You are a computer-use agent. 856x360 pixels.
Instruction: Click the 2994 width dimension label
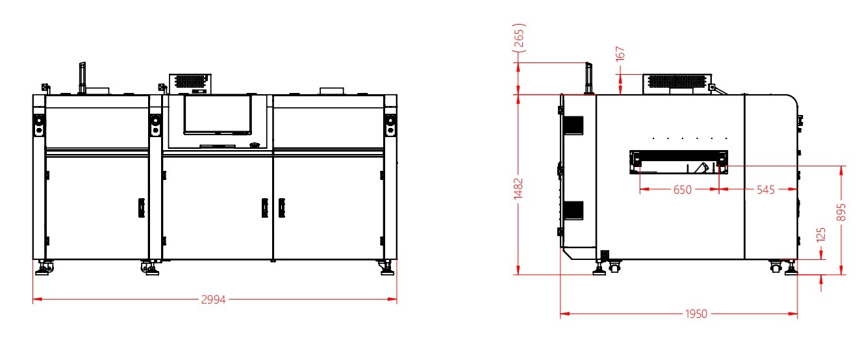click(x=213, y=300)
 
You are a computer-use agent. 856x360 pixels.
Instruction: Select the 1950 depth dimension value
click(x=696, y=314)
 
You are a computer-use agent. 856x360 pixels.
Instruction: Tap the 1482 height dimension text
click(x=518, y=188)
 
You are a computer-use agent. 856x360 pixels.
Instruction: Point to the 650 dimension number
click(x=682, y=190)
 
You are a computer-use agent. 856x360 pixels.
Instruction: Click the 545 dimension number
click(x=766, y=190)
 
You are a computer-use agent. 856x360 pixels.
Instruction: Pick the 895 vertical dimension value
click(x=841, y=212)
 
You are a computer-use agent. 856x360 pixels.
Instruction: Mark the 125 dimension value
click(x=821, y=235)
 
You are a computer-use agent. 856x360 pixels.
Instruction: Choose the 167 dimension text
click(x=620, y=53)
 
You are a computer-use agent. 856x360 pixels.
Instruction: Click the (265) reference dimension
click(x=520, y=38)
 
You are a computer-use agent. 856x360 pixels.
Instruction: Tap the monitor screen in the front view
click(x=218, y=114)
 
